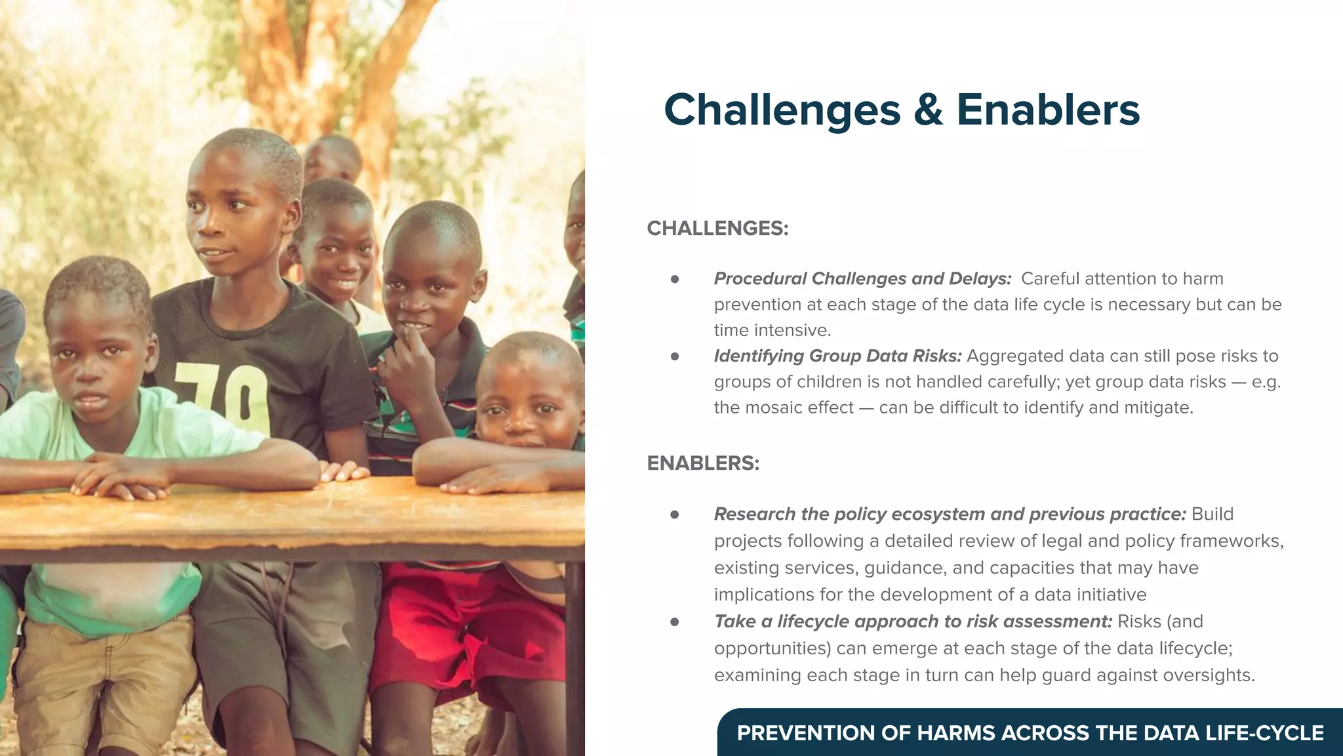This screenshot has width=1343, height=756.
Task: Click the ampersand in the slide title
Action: (x=928, y=110)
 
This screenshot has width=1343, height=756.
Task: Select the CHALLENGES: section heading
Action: (x=717, y=228)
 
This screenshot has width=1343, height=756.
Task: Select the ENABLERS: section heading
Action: (x=703, y=463)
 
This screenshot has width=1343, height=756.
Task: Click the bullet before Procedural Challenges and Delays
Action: (x=675, y=280)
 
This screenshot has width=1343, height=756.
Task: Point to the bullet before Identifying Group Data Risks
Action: (x=675, y=357)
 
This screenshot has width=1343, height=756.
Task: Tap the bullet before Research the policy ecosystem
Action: (x=675, y=515)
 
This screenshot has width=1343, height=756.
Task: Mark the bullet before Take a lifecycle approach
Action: (x=675, y=622)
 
